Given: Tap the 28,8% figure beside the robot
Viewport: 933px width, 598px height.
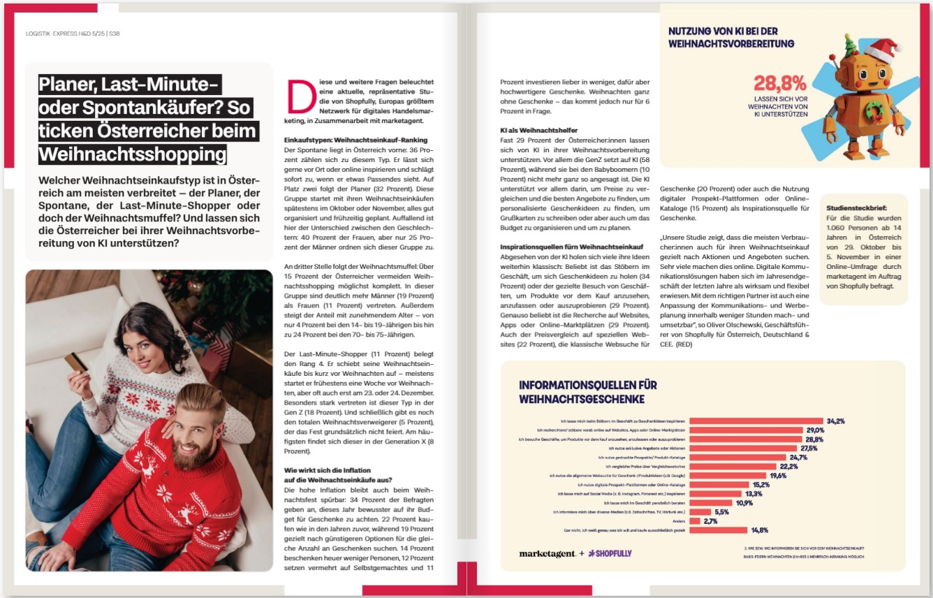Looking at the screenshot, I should pos(779,84).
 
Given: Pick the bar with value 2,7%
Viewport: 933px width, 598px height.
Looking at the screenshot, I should pos(695,521).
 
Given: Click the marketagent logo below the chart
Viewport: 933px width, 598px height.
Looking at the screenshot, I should pos(548,553).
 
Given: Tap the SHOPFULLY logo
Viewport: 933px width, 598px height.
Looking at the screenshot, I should pos(610,553).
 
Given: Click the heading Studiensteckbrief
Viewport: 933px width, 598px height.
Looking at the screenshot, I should pos(857,208).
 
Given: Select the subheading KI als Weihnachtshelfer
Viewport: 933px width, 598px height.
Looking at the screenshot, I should pos(538,131).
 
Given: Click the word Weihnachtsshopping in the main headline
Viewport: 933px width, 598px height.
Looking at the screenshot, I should pos(132,154).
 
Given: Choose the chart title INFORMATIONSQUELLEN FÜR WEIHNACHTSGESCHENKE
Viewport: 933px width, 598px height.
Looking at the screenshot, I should pos(587,392).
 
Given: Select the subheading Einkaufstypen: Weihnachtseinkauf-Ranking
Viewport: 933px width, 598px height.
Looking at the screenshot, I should pos(346,140).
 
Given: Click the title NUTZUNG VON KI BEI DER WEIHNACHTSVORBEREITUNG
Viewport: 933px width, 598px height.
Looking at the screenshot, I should pos(730,37).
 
